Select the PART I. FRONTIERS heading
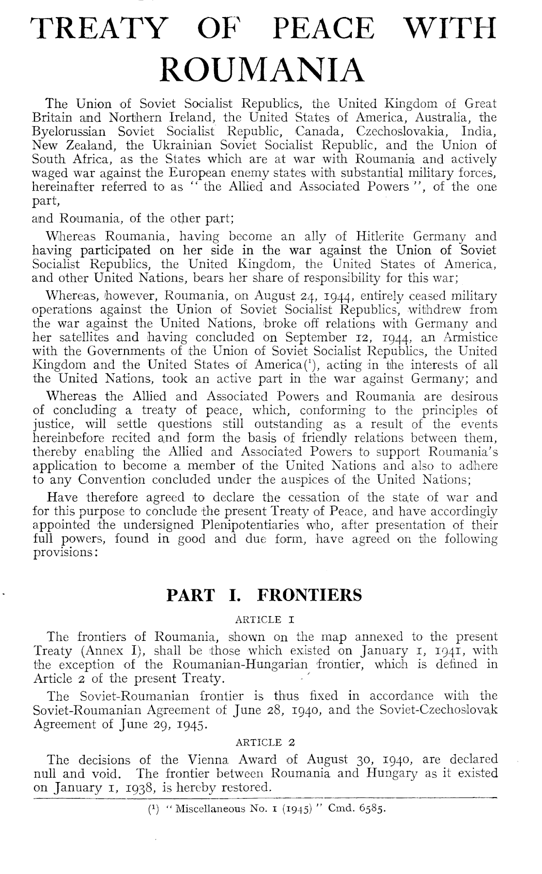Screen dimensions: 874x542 [264, 595]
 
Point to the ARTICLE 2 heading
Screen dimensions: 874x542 [265, 743]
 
